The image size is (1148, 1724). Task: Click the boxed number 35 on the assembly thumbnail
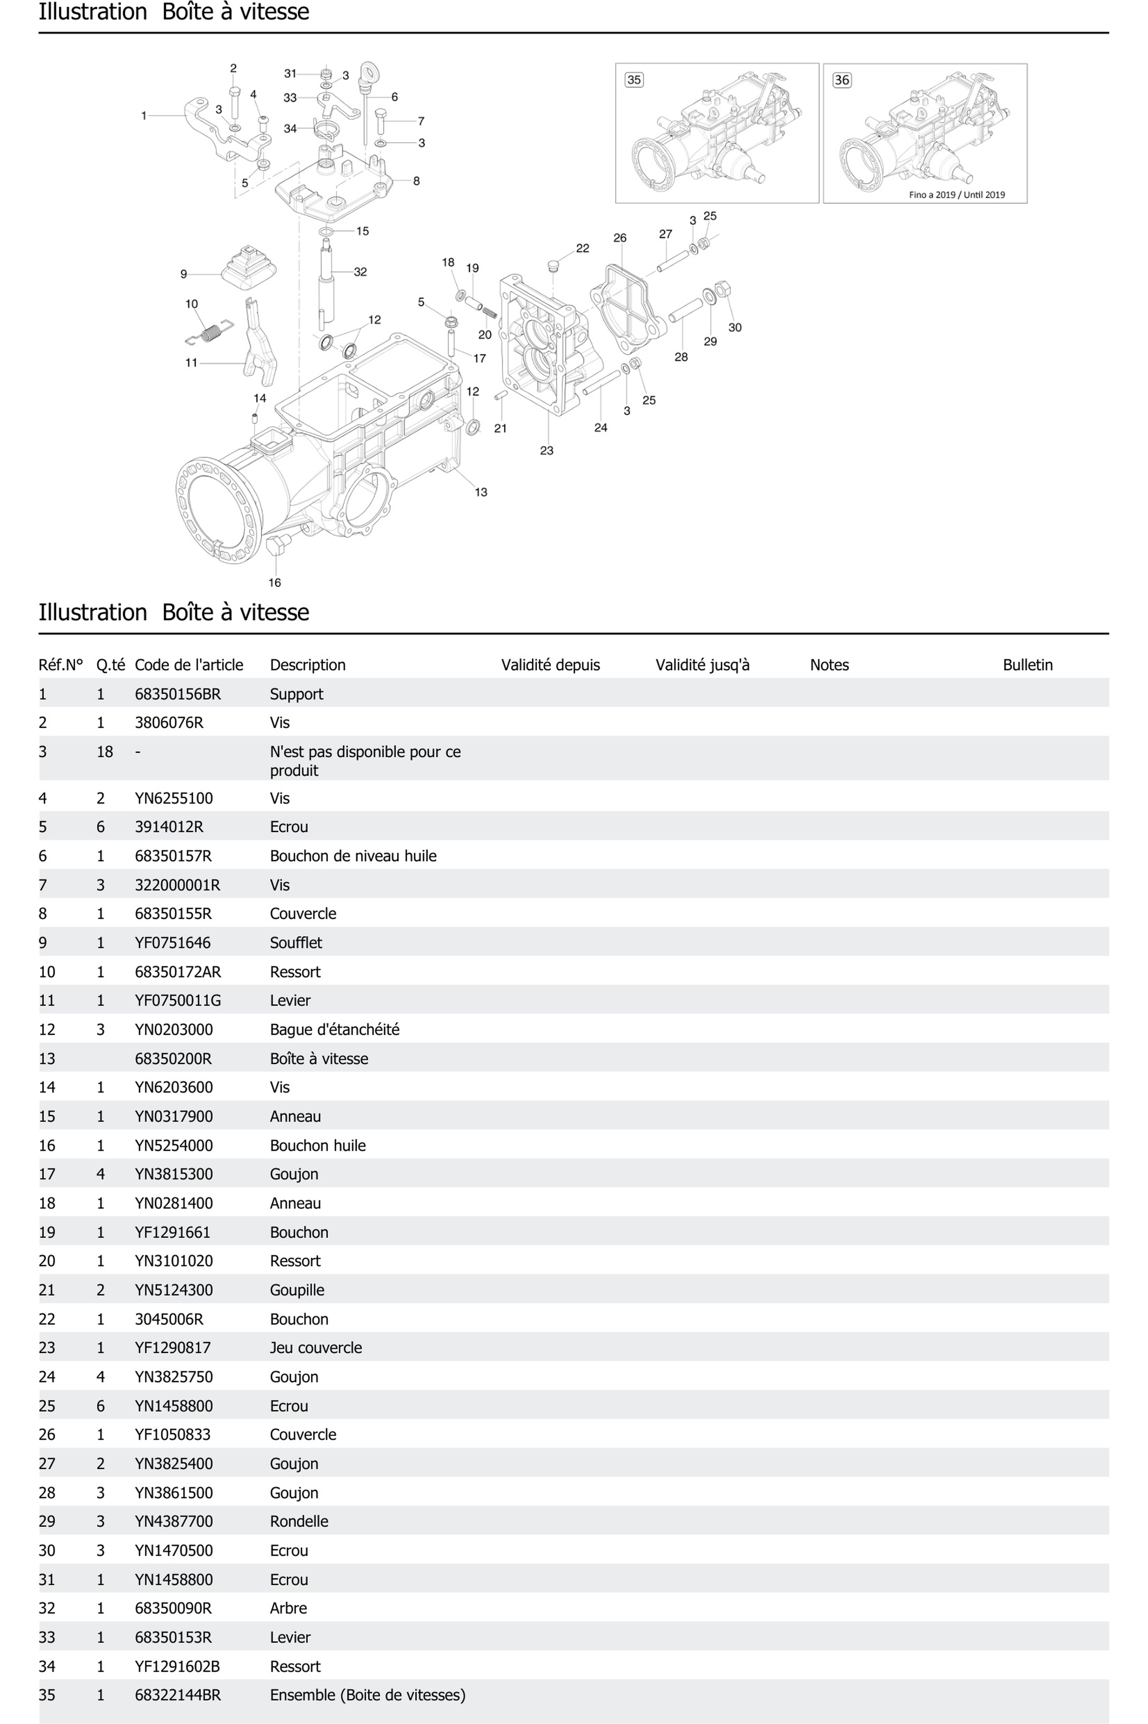(634, 80)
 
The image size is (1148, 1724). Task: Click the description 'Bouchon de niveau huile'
(353, 856)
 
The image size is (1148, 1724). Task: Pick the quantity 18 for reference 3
(105, 752)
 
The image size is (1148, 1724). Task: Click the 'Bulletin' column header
(1027, 665)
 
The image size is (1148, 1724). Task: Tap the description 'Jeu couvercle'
(316, 1348)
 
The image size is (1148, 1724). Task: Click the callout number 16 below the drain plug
(275, 583)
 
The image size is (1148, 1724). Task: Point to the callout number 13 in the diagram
(481, 492)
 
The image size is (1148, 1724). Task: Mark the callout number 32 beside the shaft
(360, 272)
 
